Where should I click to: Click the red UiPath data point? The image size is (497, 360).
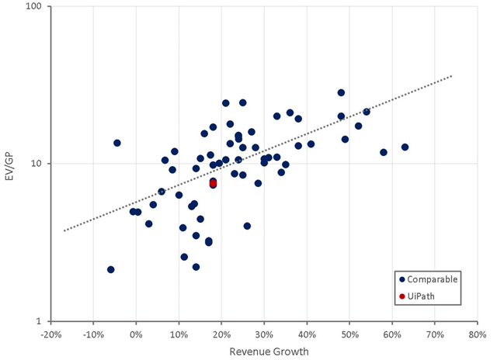pos(213,183)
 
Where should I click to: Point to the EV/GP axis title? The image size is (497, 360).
pos(10,163)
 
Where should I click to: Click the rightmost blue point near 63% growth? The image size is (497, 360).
pos(405,147)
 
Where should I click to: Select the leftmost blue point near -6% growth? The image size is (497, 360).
pos(111,269)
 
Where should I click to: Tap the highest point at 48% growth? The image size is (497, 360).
pos(341,92)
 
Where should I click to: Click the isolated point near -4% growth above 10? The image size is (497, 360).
pos(117,143)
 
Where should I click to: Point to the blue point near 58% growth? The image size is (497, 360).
pos(384,152)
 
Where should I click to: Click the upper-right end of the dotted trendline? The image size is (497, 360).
pos(451,75)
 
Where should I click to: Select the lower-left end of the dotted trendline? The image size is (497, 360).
pos(64,230)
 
